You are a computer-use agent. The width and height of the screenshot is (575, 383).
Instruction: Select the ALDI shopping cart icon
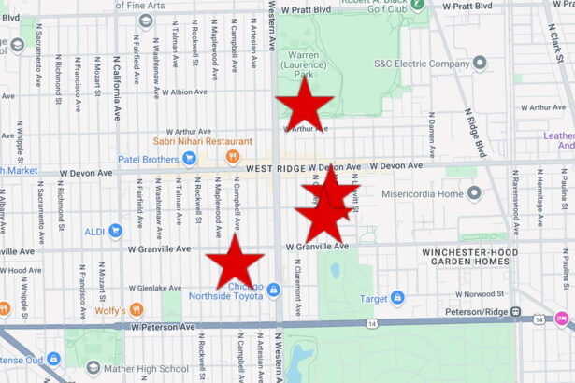(x=115, y=231)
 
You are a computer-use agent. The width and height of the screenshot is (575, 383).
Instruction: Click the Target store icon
(x=397, y=298)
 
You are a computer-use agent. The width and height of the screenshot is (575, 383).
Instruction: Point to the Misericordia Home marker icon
(x=475, y=193)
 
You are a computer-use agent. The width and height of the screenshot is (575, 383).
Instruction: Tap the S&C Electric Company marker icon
(x=480, y=64)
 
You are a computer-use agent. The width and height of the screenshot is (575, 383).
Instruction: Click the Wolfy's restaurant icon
(x=137, y=309)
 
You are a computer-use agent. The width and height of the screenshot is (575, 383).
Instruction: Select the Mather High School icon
(x=93, y=368)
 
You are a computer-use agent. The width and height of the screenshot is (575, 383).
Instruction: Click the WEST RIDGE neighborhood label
(x=280, y=168)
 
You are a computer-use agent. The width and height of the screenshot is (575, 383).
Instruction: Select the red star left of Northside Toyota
(x=235, y=261)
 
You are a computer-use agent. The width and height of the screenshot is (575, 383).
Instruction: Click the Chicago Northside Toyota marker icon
(x=273, y=290)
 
